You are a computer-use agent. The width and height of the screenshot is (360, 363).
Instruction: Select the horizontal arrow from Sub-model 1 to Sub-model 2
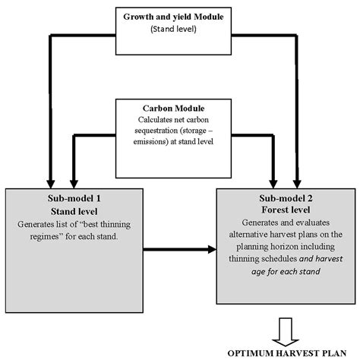click(x=178, y=247)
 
